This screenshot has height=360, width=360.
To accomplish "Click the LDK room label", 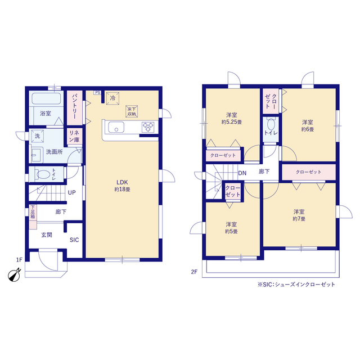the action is coord(122,182).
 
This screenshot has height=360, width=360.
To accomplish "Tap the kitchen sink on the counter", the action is coord(116,127).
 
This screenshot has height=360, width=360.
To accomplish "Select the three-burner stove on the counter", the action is coord(148,127).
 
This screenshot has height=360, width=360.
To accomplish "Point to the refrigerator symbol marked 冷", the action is coord(112,98).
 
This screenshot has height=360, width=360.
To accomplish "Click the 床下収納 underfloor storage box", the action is coord(132,111).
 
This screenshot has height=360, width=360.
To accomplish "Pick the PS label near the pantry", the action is coord(97,92).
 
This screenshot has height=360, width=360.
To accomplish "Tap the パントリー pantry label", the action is coord(75,106).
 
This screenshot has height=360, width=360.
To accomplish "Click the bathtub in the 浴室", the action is coord(46,98).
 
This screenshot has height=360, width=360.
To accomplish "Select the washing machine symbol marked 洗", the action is coord(37,136).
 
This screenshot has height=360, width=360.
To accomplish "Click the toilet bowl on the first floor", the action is coord(43,174).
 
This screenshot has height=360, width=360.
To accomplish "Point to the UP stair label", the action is coord(71,192).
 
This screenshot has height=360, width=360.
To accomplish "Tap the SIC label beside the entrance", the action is coord(74,240).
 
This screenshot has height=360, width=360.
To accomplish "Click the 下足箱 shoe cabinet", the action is coord(33,217).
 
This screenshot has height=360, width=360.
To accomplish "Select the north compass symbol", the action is coord(14,274).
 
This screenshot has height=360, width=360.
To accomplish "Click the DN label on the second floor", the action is coord(242,173).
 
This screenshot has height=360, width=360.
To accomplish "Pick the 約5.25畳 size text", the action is coord(232,122).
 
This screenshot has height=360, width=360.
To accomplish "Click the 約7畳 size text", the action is coord(299,219).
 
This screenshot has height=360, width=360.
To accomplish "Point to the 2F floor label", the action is coord(194,272).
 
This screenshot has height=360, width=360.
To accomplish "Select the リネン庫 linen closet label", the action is coord(74,136).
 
